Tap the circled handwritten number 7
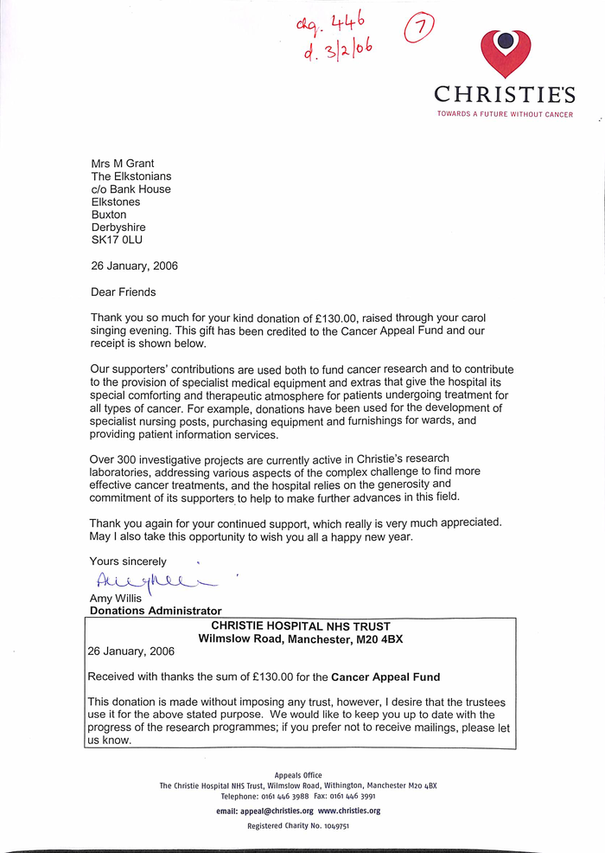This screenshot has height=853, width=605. click(421, 29)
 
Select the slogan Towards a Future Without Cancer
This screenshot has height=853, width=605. click(505, 114)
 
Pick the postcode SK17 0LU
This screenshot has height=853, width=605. click(118, 241)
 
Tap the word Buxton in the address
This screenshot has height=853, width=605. click(109, 215)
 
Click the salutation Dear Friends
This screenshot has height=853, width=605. click(124, 292)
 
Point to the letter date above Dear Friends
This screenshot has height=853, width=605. click(135, 266)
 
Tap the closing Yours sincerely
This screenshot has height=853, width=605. click(128, 561)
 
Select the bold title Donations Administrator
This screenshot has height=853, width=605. click(156, 611)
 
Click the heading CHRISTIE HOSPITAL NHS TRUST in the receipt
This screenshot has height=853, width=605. click(301, 626)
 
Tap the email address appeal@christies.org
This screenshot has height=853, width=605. click(264, 811)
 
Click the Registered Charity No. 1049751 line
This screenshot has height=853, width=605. click(298, 826)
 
